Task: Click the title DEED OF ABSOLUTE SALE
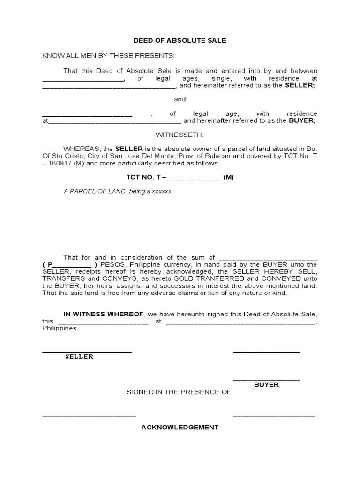click(180, 40)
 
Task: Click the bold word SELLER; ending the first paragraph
click(300, 86)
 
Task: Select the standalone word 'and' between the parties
click(180, 99)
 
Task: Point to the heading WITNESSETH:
click(180, 135)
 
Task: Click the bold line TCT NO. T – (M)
click(180, 177)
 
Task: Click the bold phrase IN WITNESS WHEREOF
click(104, 314)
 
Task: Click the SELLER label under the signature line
click(79, 357)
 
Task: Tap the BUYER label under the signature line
click(266, 384)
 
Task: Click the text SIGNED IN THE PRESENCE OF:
click(180, 392)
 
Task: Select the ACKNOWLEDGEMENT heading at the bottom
click(180, 427)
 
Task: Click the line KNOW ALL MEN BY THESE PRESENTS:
click(108, 56)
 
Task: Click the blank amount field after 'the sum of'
click(268, 258)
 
